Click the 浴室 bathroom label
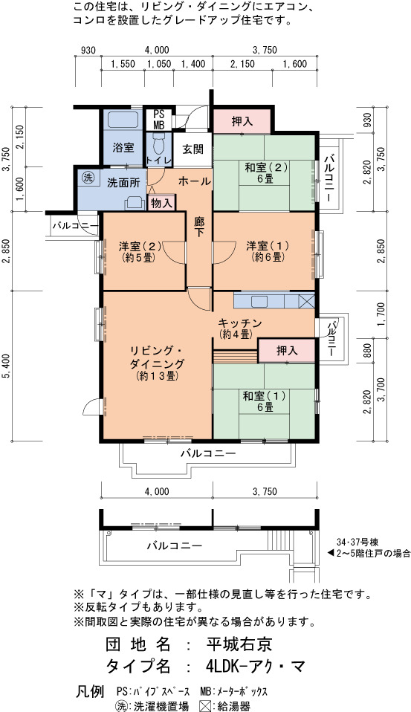tap(123, 147)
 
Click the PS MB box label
tap(158, 120)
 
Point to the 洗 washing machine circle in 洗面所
tap(86, 178)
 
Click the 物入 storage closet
tap(161, 204)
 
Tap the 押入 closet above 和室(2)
tap(242, 121)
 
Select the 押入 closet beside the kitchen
tap(287, 351)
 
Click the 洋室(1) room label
tap(265, 251)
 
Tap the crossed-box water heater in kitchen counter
tap(306, 301)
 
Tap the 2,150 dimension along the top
tap(242, 64)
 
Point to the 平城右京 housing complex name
tap(239, 644)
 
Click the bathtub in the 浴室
tap(123, 120)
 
